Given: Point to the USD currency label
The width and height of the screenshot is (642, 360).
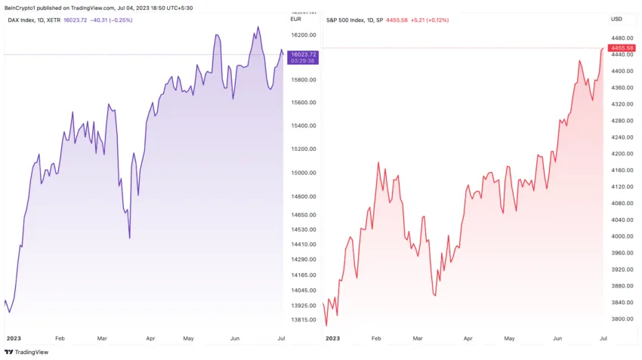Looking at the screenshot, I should (x=616, y=19).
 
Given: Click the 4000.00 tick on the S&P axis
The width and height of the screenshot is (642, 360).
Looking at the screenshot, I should (x=622, y=237).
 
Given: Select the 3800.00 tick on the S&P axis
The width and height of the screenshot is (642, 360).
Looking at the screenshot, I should (x=622, y=319).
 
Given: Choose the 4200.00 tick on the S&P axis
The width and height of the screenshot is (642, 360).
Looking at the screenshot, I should (x=622, y=154).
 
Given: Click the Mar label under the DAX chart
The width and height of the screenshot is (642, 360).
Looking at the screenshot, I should (x=103, y=339).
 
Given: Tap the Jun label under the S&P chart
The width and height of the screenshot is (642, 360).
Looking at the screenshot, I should (x=557, y=339).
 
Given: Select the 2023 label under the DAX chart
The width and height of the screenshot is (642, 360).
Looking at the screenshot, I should (x=14, y=339).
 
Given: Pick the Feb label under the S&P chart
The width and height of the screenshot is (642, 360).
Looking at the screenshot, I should (x=377, y=339).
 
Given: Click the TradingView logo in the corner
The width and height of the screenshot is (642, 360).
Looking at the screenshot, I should (x=26, y=352).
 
